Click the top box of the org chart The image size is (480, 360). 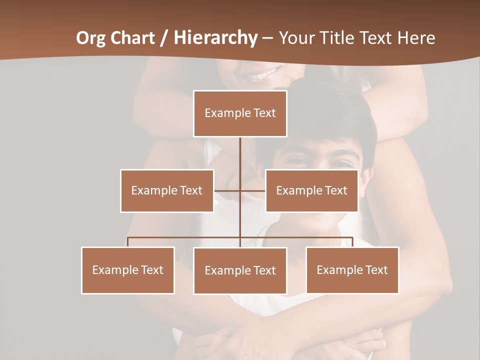click(x=240, y=113)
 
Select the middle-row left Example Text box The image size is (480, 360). click(x=167, y=190)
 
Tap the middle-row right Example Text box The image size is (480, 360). click(x=311, y=190)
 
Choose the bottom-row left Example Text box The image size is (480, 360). click(x=128, y=270)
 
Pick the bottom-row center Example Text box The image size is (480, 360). click(x=240, y=270)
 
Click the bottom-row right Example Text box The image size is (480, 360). click(x=352, y=270)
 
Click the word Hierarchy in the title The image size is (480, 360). click(x=215, y=38)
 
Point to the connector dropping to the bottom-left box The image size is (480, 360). click(x=128, y=242)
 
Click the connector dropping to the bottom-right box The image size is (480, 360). click(x=352, y=242)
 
